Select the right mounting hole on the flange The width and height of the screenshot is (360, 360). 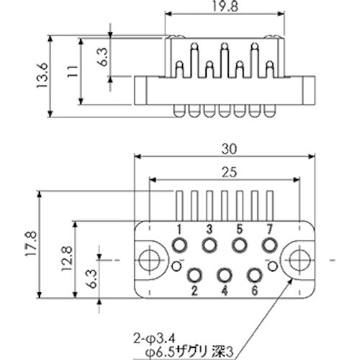tap(298, 258)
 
